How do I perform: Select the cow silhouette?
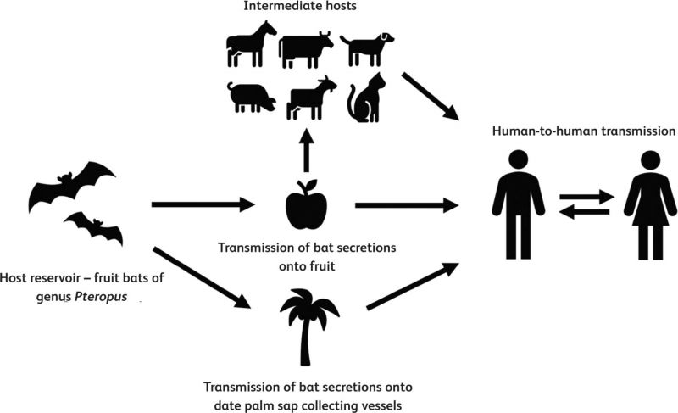(x=307, y=49)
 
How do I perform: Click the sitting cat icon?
(x=365, y=100)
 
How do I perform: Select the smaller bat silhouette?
(x=93, y=226)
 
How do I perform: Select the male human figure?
(x=516, y=204)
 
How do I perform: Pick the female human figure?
(x=650, y=204)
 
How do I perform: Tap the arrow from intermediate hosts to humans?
(x=431, y=98)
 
